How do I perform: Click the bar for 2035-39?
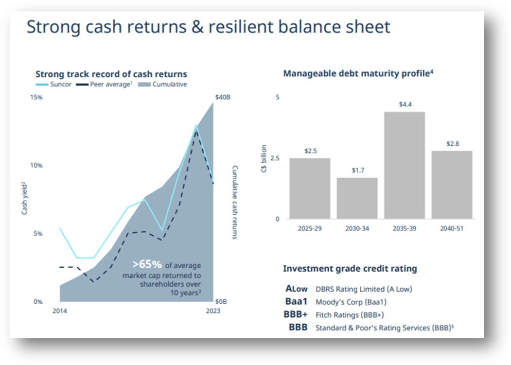pyautogui.click(x=404, y=165)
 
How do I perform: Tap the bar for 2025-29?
pyautogui.click(x=310, y=189)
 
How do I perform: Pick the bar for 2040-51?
pyautogui.click(x=452, y=185)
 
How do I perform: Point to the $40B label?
pyautogui.click(x=222, y=97)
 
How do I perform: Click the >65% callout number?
pyautogui.click(x=147, y=264)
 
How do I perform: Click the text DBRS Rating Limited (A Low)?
pyautogui.click(x=364, y=289)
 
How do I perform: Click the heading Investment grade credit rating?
pyautogui.click(x=350, y=269)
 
